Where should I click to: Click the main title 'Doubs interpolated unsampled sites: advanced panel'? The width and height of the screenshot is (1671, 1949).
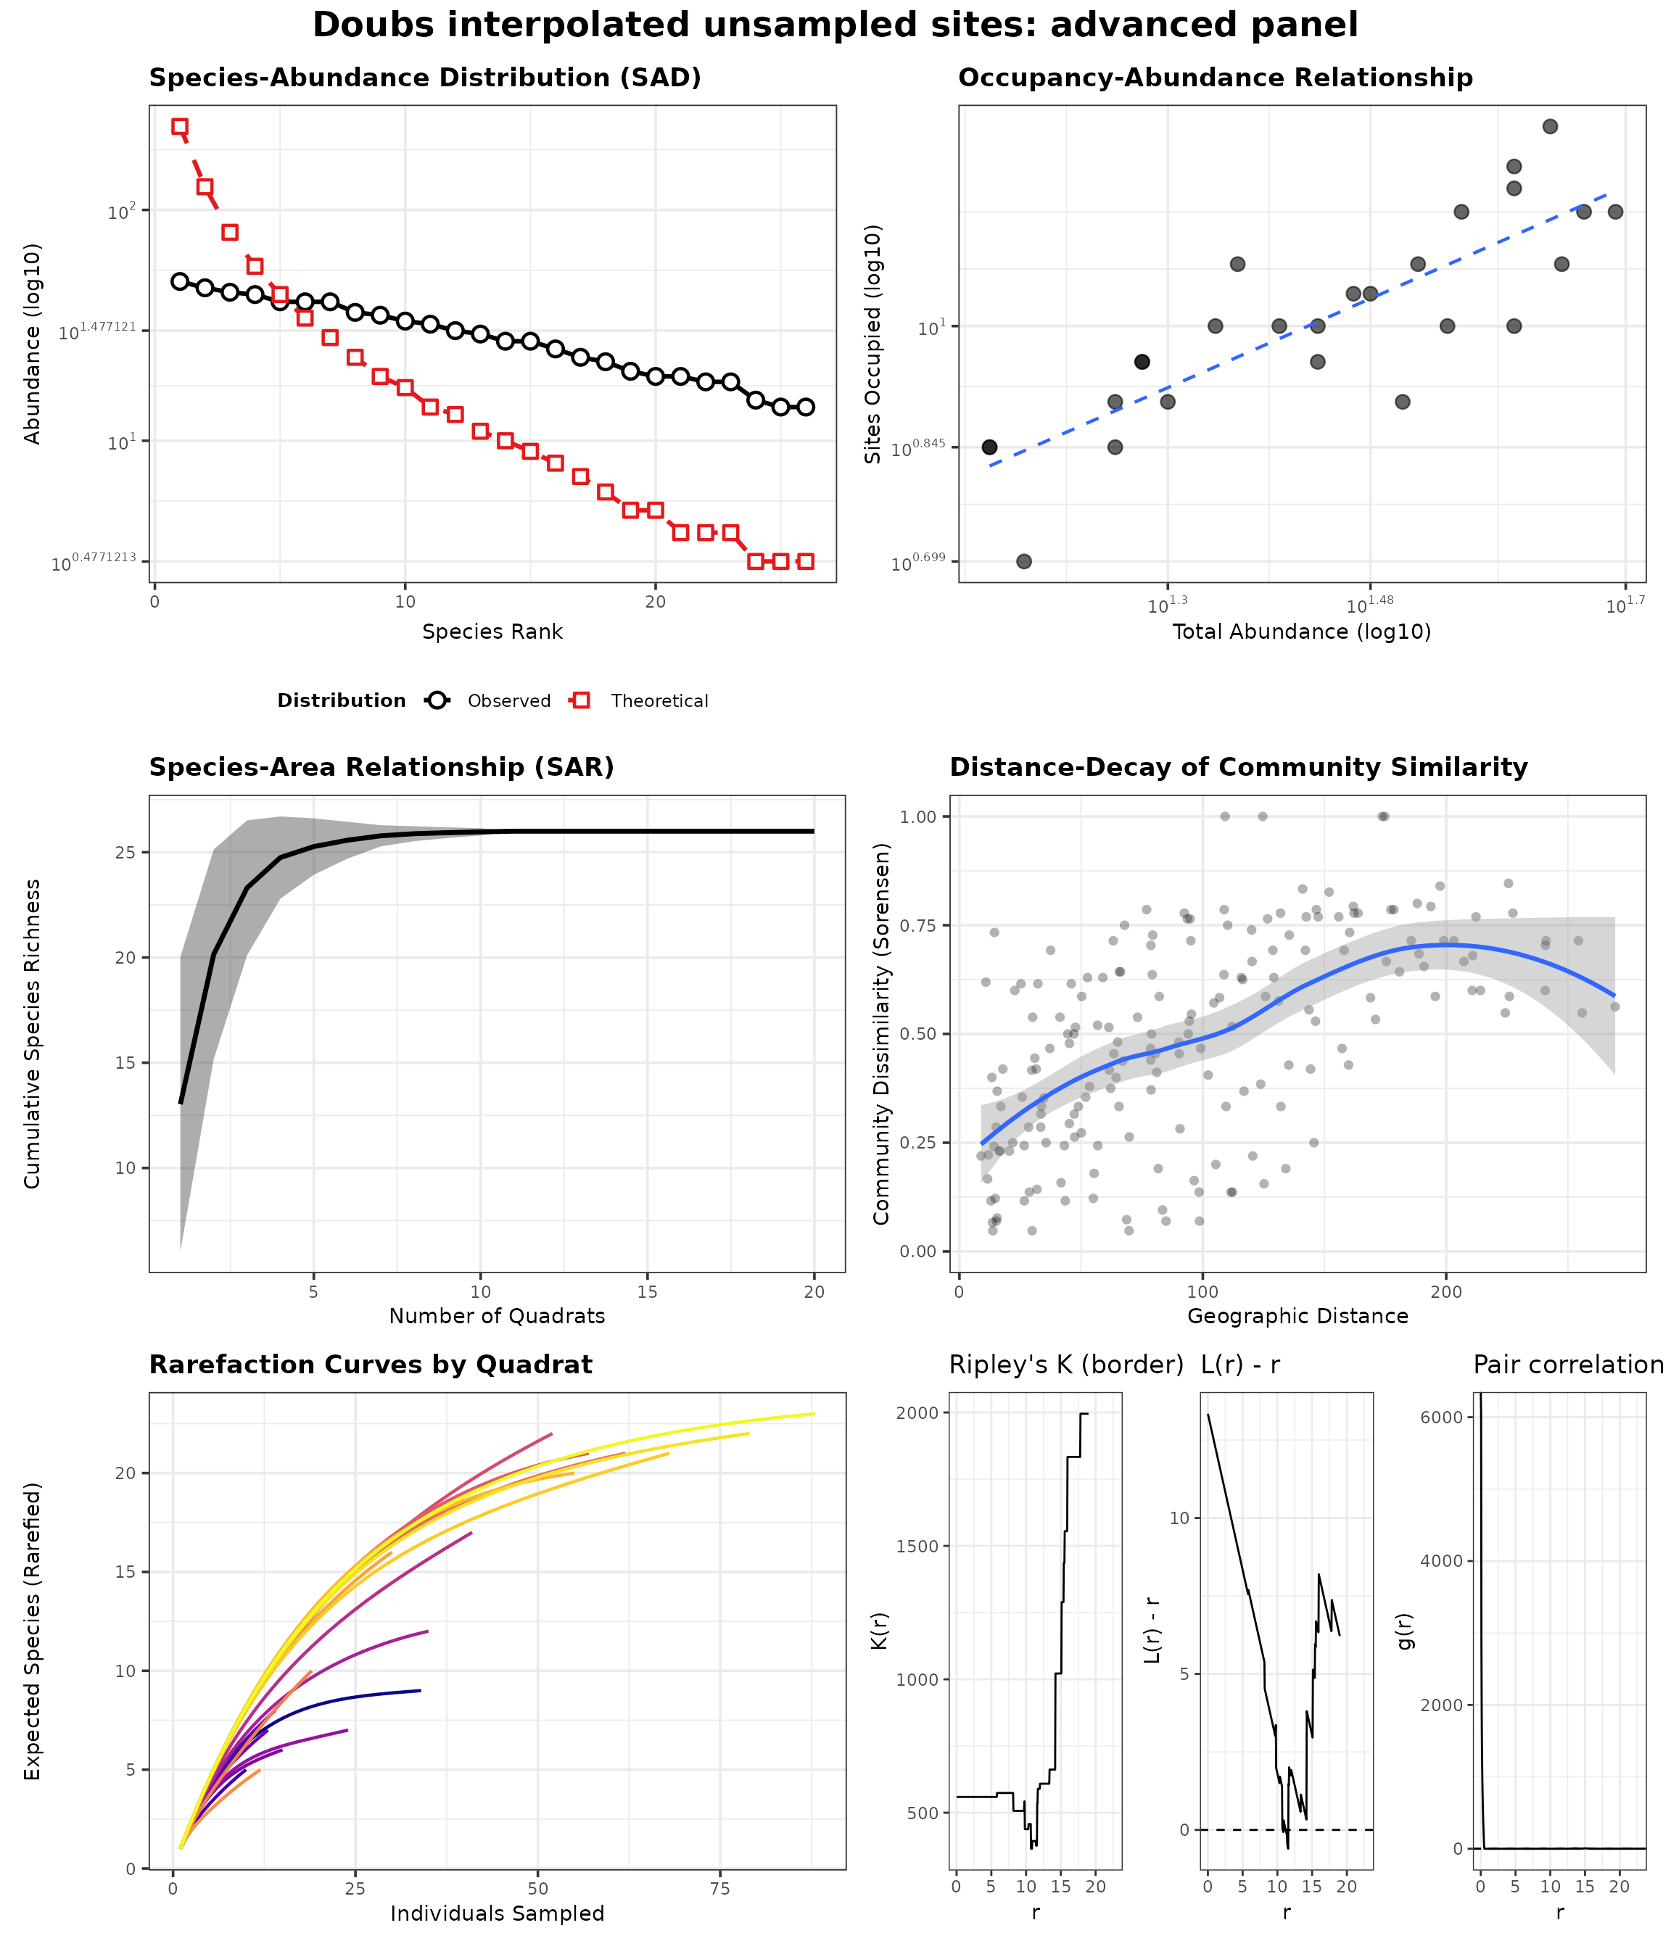point(835,25)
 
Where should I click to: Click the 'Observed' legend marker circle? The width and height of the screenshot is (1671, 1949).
point(437,700)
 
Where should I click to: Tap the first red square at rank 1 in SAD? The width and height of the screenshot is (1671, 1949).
point(180,126)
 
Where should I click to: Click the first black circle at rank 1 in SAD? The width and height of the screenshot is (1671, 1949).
point(180,281)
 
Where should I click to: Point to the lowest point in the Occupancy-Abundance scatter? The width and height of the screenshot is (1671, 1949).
point(1023,561)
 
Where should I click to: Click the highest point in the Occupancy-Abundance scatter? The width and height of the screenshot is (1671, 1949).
point(1550,127)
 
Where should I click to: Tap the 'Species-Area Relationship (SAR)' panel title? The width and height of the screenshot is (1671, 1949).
point(381,768)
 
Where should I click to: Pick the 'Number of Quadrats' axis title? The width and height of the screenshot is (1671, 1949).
point(497,1316)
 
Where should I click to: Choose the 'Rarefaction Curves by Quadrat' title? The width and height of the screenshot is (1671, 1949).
point(371,1365)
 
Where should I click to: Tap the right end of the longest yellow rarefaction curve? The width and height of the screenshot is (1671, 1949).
point(813,1414)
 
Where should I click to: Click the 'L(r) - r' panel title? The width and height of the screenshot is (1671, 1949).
point(1240,1365)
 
